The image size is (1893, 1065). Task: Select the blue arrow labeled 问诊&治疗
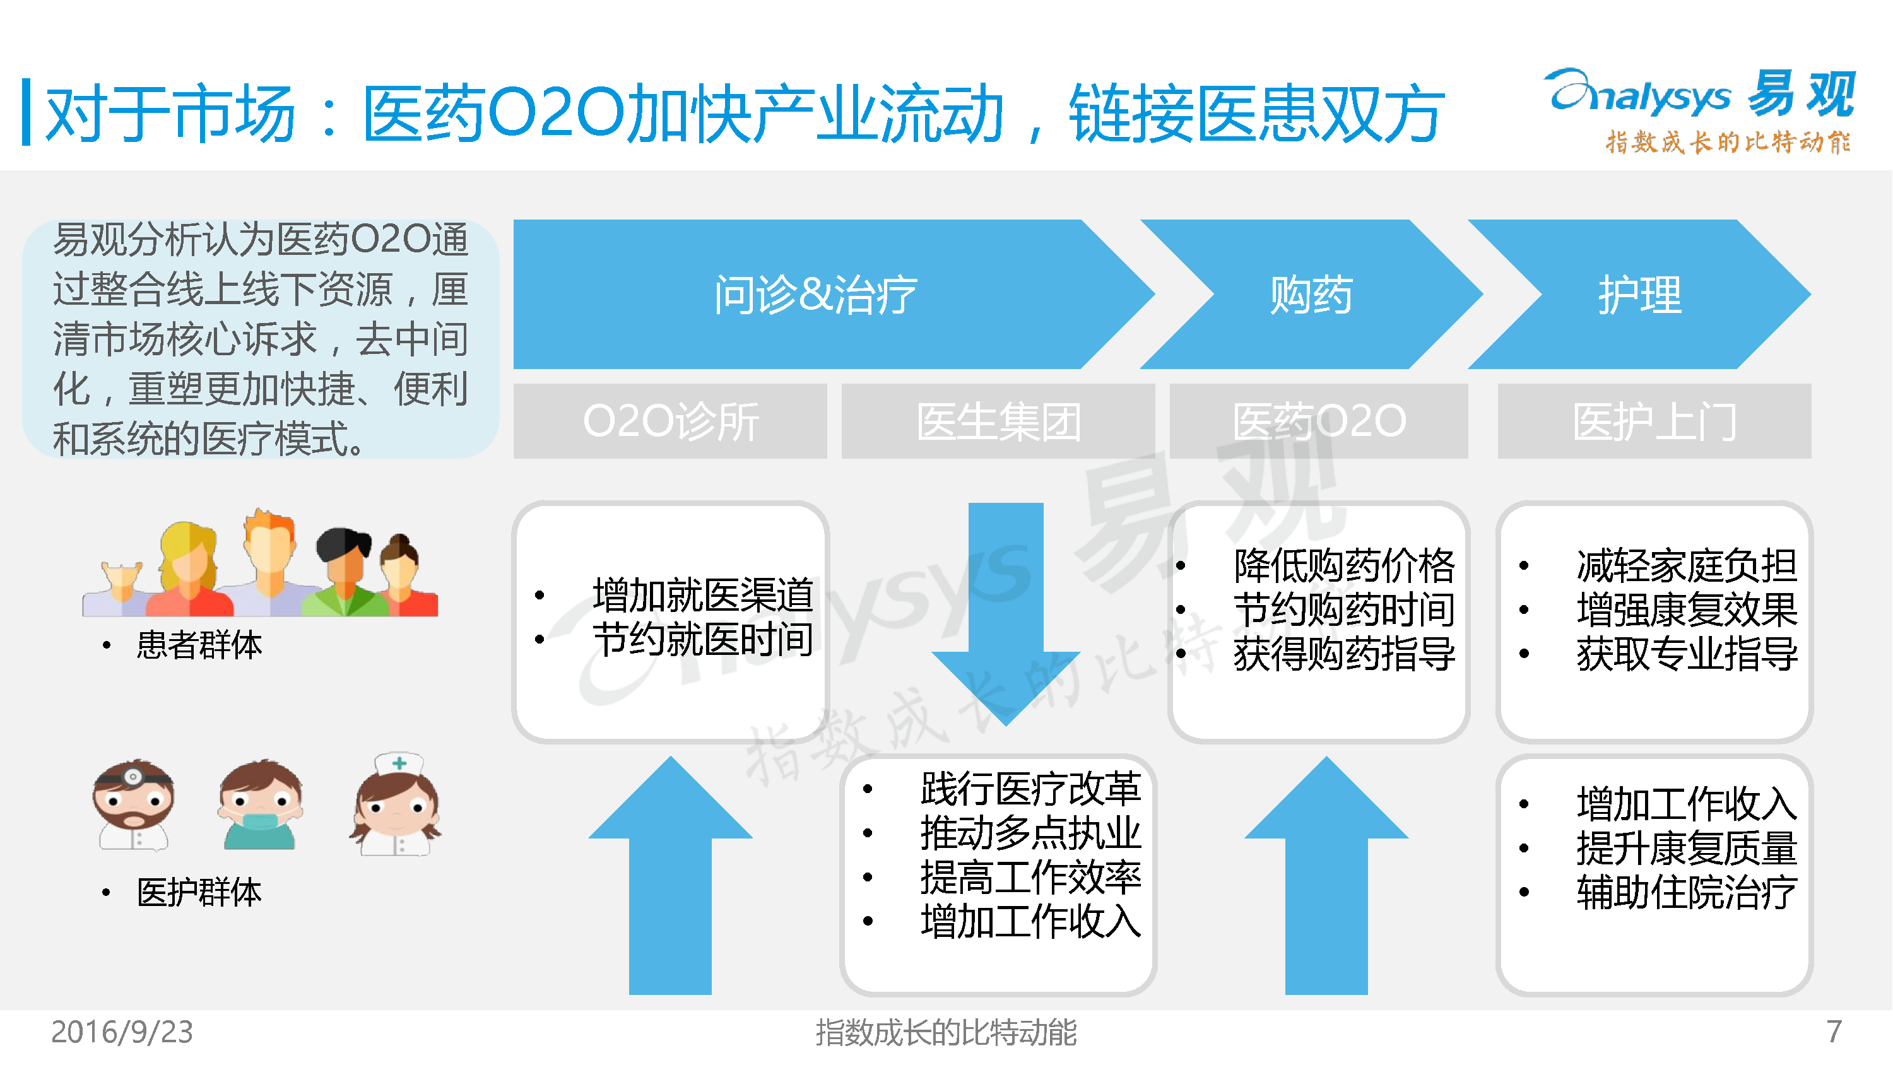[x=816, y=294]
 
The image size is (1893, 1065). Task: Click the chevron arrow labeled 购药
[x=1312, y=294]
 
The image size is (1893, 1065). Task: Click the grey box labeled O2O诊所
[x=670, y=421]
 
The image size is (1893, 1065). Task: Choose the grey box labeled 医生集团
[x=998, y=421]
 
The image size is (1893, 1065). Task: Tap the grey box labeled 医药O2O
[x=1319, y=421]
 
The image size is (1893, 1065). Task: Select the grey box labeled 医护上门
[x=1654, y=421]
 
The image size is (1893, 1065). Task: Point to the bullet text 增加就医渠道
[x=702, y=594]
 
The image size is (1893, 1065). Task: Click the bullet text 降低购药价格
[x=1344, y=565]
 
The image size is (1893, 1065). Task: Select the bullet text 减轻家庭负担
[x=1687, y=565]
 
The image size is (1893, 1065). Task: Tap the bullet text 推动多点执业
[x=1030, y=833]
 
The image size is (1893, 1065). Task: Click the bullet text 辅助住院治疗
[x=1687, y=892]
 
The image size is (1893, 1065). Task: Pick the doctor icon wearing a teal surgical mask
[x=261, y=806]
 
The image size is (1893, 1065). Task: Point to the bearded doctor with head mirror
[x=134, y=806]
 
